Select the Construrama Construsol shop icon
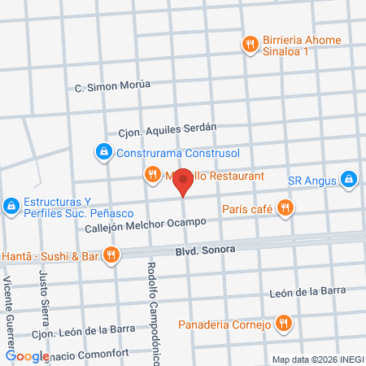(x=103, y=151)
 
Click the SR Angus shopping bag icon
(x=348, y=177)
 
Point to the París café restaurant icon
(x=284, y=208)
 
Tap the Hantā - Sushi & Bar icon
(x=111, y=255)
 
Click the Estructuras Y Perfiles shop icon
(x=11, y=207)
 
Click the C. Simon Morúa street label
(x=112, y=87)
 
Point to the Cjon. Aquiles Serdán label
(x=168, y=128)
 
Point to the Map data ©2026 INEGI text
(x=317, y=359)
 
